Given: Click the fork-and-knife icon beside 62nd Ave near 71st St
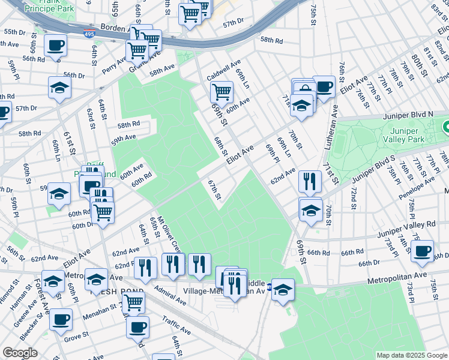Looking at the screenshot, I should coord(310,181).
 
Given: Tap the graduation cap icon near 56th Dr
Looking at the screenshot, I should coord(59,87).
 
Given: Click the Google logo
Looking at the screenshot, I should coord(20,353).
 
